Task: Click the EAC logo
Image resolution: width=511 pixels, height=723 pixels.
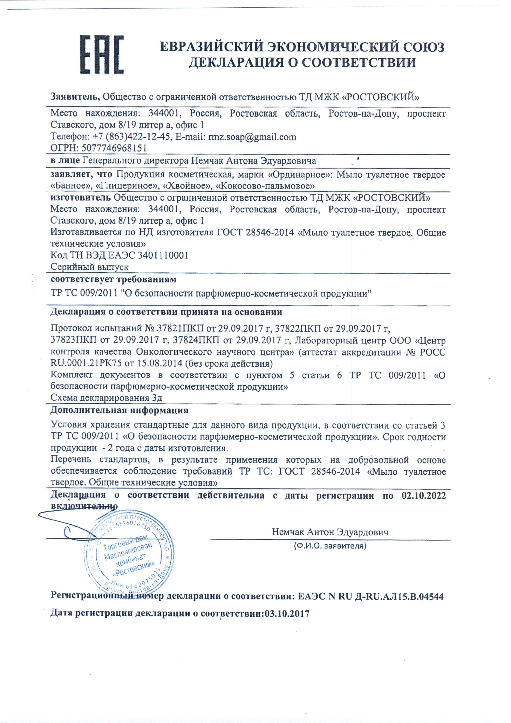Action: click(101, 55)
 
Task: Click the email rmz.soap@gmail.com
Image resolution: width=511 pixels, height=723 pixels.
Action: click(252, 137)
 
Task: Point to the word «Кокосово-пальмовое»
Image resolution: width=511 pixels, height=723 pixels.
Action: click(265, 186)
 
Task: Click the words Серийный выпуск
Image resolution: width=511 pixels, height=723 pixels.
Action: click(89, 267)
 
